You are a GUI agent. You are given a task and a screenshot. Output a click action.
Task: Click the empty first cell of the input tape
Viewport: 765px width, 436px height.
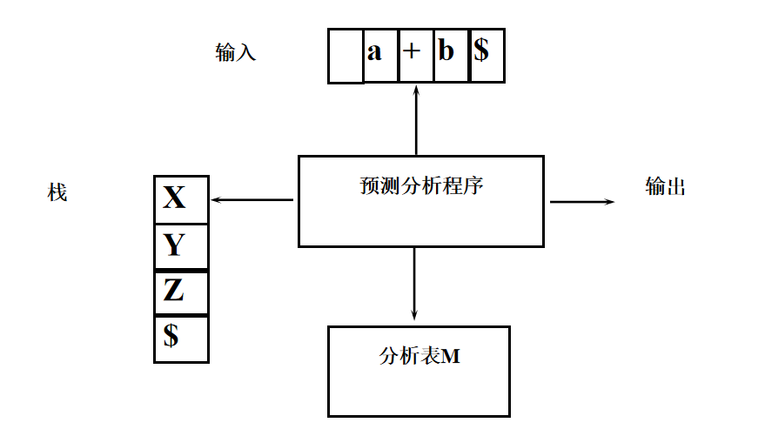coord(346,56)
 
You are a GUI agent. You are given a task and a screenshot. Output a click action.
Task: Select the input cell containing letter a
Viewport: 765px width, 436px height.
coord(375,52)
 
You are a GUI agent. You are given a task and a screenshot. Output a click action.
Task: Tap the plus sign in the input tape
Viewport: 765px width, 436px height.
coord(412,51)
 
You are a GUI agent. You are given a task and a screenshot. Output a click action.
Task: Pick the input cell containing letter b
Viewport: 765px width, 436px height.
coord(446,51)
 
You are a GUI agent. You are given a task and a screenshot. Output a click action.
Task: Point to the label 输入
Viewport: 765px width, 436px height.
coord(235,52)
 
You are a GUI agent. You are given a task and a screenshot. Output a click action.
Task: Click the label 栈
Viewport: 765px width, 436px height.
coord(57,192)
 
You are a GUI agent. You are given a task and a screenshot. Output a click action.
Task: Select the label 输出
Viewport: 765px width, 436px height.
coord(666,186)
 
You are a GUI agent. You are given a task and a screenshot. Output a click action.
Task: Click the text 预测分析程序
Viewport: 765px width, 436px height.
coord(420,186)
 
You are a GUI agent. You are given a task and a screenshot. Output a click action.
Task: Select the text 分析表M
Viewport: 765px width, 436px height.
coord(419,356)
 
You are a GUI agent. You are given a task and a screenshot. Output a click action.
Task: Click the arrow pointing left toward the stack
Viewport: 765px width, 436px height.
coord(252,200)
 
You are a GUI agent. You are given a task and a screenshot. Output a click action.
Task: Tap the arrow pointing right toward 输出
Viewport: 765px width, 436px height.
coord(581,202)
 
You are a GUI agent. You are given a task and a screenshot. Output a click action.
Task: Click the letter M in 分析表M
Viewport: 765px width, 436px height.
coord(451,356)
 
